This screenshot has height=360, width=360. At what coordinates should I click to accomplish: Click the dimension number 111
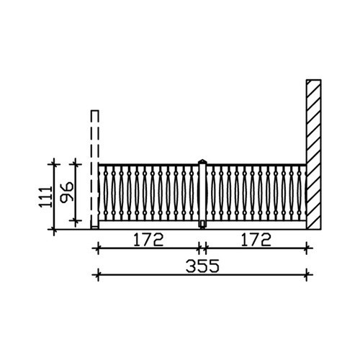click(45, 197)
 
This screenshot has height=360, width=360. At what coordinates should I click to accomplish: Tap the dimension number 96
click(67, 192)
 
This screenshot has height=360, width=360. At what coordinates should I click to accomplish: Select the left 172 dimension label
click(148, 240)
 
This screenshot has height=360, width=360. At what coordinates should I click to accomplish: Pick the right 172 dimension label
click(256, 240)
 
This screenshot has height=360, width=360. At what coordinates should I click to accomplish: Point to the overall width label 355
click(202, 266)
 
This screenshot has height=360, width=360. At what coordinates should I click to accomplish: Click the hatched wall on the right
click(314, 154)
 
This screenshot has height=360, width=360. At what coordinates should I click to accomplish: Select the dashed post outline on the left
click(94, 169)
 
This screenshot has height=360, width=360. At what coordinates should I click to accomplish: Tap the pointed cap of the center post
click(202, 161)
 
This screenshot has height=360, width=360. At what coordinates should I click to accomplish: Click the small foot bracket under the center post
click(202, 225)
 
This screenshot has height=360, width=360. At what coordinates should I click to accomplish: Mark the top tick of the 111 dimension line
click(54, 164)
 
